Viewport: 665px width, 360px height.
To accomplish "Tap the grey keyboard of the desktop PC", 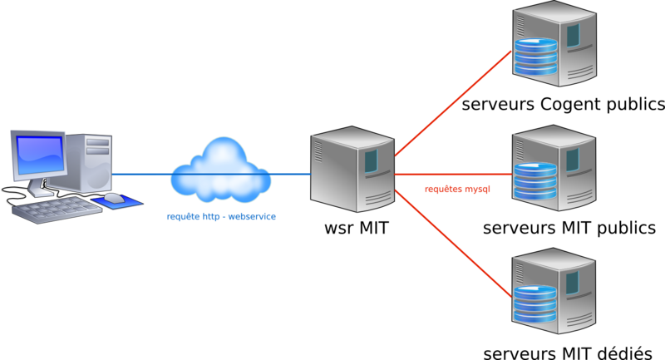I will (55, 209).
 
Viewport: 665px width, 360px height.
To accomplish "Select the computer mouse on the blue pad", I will (114, 198).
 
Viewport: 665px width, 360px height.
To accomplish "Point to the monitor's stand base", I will (41, 190).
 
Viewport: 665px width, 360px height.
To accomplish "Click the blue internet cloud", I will (221, 170).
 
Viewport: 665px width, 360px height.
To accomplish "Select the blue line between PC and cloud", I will (141, 175).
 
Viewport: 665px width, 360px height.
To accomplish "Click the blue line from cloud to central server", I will (291, 174).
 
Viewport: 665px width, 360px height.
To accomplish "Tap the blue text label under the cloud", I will (221, 216).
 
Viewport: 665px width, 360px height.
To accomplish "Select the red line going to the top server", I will (453, 103).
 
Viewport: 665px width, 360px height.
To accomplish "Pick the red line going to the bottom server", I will (453, 245).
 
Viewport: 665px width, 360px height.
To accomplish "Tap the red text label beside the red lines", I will (457, 190).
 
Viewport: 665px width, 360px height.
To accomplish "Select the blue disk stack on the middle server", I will (534, 181).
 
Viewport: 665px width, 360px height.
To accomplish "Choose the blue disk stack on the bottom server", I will (534, 304).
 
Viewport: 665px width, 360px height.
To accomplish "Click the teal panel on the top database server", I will (573, 35).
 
